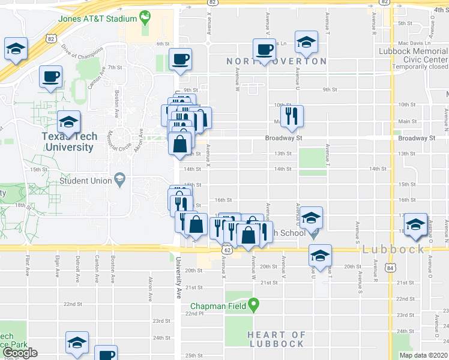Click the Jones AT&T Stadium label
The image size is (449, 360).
[97, 19]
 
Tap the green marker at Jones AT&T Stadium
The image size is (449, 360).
[145, 17]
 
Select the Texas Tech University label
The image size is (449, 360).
[68, 142]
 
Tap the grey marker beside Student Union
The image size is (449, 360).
[120, 179]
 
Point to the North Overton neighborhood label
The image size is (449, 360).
[277, 61]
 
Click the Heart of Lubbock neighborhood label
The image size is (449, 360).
[277, 339]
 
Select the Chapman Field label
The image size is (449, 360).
[217, 306]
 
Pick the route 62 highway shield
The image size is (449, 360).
[226, 249]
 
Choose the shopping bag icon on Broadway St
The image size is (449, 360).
[181, 144]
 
